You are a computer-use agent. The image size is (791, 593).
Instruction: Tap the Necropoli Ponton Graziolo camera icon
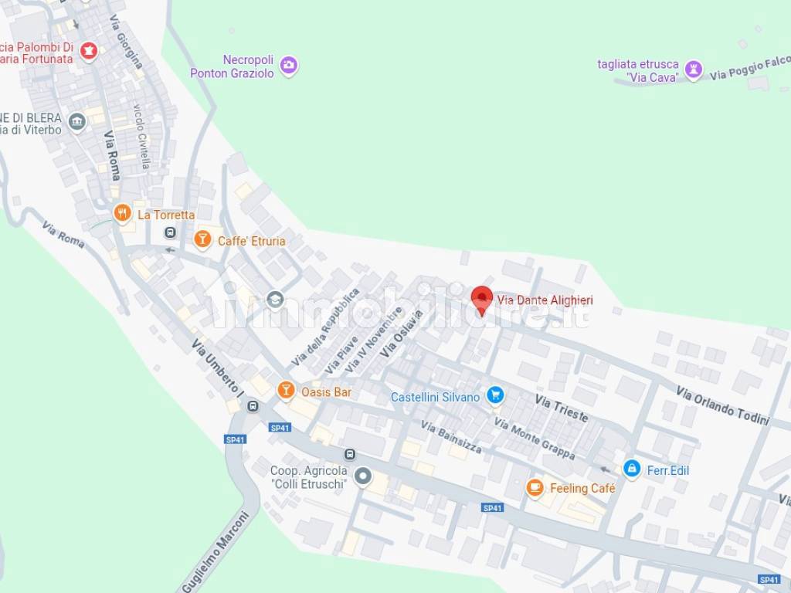pyautogui.click(x=289, y=66)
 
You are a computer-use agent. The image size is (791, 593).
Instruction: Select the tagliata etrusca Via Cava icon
pyautogui.click(x=694, y=70)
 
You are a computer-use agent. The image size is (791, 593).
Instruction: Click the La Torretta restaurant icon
pyautogui.click(x=122, y=213)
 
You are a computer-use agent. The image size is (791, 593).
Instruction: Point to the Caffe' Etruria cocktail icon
pyautogui.click(x=202, y=239)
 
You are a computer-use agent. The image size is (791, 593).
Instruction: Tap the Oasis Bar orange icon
pyautogui.click(x=286, y=391)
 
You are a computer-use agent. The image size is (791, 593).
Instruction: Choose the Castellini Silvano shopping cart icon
pyautogui.click(x=495, y=396)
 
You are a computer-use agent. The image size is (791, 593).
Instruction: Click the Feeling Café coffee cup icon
pyautogui.click(x=535, y=487)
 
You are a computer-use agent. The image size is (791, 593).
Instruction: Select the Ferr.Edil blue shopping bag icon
pyautogui.click(x=632, y=469)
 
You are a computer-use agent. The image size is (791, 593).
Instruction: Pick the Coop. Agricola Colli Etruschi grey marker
pyautogui.click(x=362, y=476)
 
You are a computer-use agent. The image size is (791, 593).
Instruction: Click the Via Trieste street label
pyautogui.click(x=562, y=407)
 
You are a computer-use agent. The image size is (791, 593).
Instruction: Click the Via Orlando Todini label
pyautogui.click(x=723, y=405)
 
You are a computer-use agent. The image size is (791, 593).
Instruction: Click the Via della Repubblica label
pyautogui.click(x=326, y=327)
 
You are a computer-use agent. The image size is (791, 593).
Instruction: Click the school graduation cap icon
pyautogui.click(x=275, y=299)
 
